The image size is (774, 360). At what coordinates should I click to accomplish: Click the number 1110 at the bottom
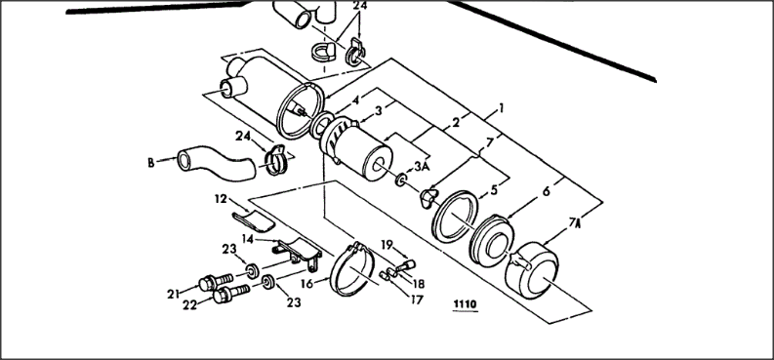pos(465,304)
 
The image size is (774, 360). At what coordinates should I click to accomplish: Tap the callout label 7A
pos(574,222)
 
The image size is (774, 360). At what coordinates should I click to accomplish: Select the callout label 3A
pos(422,167)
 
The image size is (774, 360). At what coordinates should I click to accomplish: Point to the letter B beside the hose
pos(150,163)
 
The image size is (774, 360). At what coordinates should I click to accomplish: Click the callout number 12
pos(221,199)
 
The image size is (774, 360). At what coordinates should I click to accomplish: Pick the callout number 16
pos(306,285)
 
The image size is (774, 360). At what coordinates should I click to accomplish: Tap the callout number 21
pos(173,295)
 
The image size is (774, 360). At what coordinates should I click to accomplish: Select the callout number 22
pos(189,305)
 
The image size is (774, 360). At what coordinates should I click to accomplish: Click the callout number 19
pos(387,245)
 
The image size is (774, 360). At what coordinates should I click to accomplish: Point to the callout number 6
pos(546,192)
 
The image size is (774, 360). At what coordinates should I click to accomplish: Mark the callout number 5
pos(494,190)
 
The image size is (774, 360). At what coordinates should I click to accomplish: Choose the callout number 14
pos(248,238)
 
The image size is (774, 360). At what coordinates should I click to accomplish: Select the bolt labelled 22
pos(231,294)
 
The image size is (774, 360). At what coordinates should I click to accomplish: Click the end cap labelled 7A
pos(532,269)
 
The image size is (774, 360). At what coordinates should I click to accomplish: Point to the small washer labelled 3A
pos(400,180)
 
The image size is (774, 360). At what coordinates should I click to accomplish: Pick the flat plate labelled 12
pos(254,221)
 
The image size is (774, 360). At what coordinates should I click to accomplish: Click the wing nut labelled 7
pos(428,198)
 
